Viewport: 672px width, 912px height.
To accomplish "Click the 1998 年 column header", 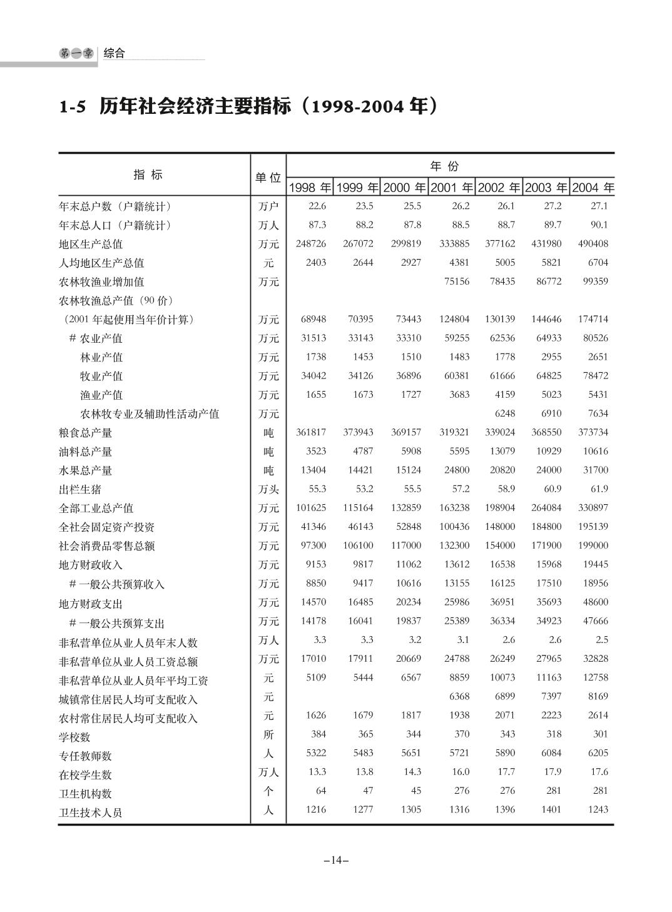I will (310, 188).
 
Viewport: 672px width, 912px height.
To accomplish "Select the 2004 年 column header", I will (593, 188).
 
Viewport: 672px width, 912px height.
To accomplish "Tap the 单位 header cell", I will (268, 178).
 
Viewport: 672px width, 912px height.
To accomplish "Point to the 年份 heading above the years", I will (444, 166).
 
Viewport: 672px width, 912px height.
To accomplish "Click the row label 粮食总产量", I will (86, 433).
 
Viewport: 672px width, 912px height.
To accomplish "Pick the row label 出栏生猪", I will (80, 489).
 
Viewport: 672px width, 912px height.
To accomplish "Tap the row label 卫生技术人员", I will (91, 813).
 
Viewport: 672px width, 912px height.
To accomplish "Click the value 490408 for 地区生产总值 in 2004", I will (593, 244).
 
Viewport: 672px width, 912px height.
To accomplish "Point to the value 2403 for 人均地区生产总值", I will (316, 263).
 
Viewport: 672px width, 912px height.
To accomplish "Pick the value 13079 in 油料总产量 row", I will (502, 451).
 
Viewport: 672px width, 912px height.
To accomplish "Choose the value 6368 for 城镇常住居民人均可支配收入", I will (459, 696).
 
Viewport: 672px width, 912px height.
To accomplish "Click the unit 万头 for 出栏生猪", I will (268, 489).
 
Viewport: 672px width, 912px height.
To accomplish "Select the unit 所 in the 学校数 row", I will (268, 734).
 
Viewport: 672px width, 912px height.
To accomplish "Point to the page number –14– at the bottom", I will (336, 860).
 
